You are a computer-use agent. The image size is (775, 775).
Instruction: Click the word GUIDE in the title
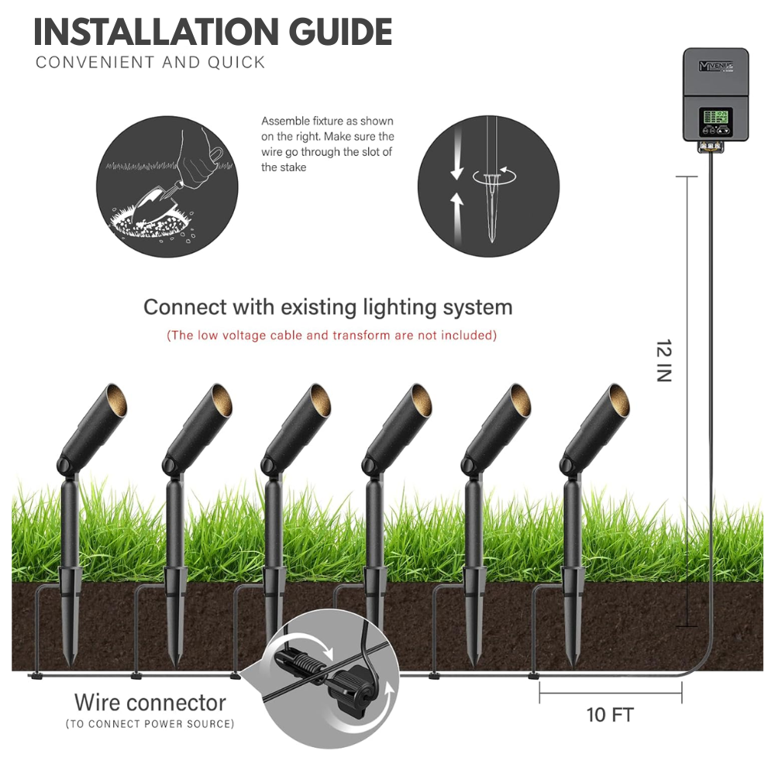coord(340,32)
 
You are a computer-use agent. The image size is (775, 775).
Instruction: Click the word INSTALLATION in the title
coord(157,32)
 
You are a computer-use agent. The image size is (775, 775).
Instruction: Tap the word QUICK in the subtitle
coord(236,63)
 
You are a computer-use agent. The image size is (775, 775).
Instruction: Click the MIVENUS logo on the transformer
coord(715,66)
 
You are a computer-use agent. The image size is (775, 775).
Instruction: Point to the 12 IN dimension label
coord(663,361)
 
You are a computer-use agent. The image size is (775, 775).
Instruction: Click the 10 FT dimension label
coord(610,715)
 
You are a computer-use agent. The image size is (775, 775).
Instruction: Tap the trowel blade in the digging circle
coord(151,201)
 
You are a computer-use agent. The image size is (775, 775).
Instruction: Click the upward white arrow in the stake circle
coord(457,218)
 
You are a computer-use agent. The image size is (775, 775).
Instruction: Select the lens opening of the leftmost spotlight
coord(117,401)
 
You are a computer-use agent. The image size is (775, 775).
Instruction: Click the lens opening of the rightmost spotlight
coord(618,401)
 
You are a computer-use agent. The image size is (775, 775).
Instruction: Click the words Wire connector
coord(150,702)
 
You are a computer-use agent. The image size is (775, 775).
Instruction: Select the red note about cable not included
coord(332,335)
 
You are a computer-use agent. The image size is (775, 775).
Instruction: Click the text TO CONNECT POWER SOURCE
coord(150,724)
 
